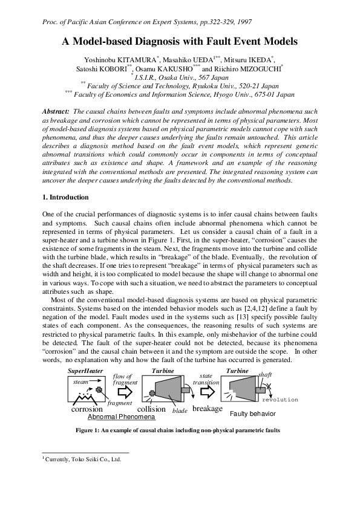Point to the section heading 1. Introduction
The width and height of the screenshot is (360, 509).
(65, 197)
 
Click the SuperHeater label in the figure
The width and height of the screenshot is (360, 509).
(86, 370)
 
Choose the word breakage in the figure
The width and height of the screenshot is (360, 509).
(208, 409)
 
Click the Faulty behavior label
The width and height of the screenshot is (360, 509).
(253, 414)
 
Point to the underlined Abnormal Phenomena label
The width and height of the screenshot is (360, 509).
(122, 417)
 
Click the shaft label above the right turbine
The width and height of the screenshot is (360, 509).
(264, 375)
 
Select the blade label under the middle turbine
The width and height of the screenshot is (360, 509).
(180, 410)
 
